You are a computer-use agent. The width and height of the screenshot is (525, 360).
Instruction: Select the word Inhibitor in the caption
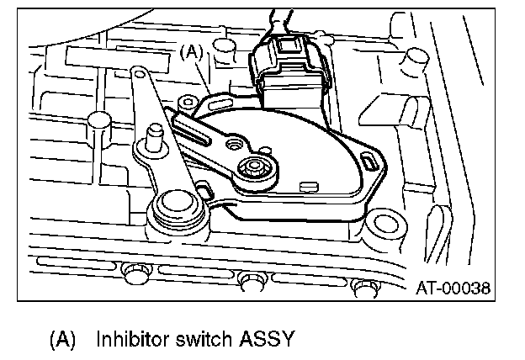pyautogui.click(x=131, y=341)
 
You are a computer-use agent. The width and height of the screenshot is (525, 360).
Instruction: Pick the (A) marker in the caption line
pyautogui.click(x=63, y=341)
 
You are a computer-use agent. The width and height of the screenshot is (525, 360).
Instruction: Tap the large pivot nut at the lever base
pyautogui.click(x=174, y=204)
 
